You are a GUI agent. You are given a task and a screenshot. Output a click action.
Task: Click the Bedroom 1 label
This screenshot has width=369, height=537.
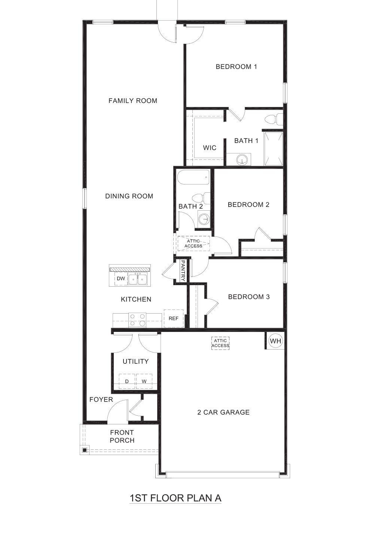click(236, 67)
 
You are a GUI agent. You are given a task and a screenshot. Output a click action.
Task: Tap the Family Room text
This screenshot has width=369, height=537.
click(133, 101)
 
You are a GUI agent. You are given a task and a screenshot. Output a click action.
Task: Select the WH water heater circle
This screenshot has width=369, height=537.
click(275, 341)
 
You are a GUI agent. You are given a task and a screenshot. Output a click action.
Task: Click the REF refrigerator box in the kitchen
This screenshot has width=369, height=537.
click(174, 318)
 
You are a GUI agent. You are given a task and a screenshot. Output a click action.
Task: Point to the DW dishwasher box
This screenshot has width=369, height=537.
click(121, 278)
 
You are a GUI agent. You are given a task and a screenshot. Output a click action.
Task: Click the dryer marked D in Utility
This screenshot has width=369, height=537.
click(127, 381)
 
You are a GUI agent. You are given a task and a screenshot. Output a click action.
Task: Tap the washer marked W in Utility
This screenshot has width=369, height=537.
click(144, 381)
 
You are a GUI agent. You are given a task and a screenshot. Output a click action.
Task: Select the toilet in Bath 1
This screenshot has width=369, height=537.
click(274, 119)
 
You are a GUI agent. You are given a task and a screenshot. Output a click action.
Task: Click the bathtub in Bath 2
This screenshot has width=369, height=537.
click(193, 177)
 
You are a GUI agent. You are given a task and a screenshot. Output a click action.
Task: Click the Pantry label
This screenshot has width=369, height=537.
click(183, 271)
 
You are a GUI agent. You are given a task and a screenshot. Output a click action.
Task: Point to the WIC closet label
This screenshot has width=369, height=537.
click(210, 148)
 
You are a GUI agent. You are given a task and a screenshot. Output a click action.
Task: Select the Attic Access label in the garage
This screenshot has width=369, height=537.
click(220, 343)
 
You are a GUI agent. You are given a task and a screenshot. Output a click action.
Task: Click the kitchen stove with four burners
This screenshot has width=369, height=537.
click(138, 320)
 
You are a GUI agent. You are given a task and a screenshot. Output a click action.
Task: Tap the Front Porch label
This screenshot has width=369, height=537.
click(122, 436)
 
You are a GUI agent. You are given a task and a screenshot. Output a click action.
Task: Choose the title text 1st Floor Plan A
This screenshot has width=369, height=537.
click(175, 498)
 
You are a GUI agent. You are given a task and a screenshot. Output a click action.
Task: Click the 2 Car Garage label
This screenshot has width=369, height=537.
click(223, 412)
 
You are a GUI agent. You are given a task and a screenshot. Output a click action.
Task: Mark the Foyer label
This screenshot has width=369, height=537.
click(101, 399)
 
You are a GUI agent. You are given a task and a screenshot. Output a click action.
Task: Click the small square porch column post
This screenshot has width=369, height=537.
click(85, 450)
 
